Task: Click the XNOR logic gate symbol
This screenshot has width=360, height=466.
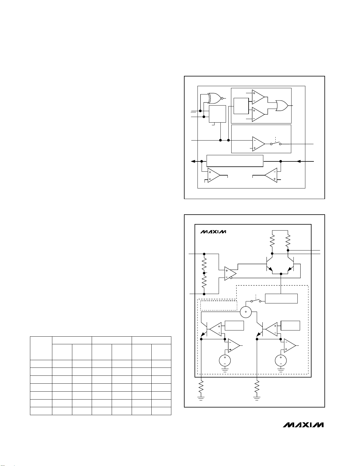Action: [214, 98]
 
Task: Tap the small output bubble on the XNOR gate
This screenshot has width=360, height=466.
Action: [222, 98]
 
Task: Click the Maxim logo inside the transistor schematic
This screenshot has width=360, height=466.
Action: [213, 232]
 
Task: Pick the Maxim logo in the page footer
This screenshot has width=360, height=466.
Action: [304, 425]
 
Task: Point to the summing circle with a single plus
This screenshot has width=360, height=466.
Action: [246, 312]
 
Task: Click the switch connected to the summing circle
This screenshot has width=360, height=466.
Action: [256, 301]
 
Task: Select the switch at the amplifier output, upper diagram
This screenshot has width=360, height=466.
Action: [275, 144]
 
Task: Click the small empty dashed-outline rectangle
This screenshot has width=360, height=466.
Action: [218, 305]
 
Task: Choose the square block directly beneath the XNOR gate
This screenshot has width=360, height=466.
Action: [217, 114]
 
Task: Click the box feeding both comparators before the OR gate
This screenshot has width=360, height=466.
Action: [241, 106]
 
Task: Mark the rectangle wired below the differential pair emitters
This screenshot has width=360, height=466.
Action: [281, 298]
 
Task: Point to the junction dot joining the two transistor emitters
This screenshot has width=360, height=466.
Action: [281, 274]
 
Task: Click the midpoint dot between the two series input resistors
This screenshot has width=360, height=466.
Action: [204, 273]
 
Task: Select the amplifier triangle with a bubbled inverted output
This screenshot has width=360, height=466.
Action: [230, 273]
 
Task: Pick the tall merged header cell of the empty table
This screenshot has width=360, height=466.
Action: [41, 348]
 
